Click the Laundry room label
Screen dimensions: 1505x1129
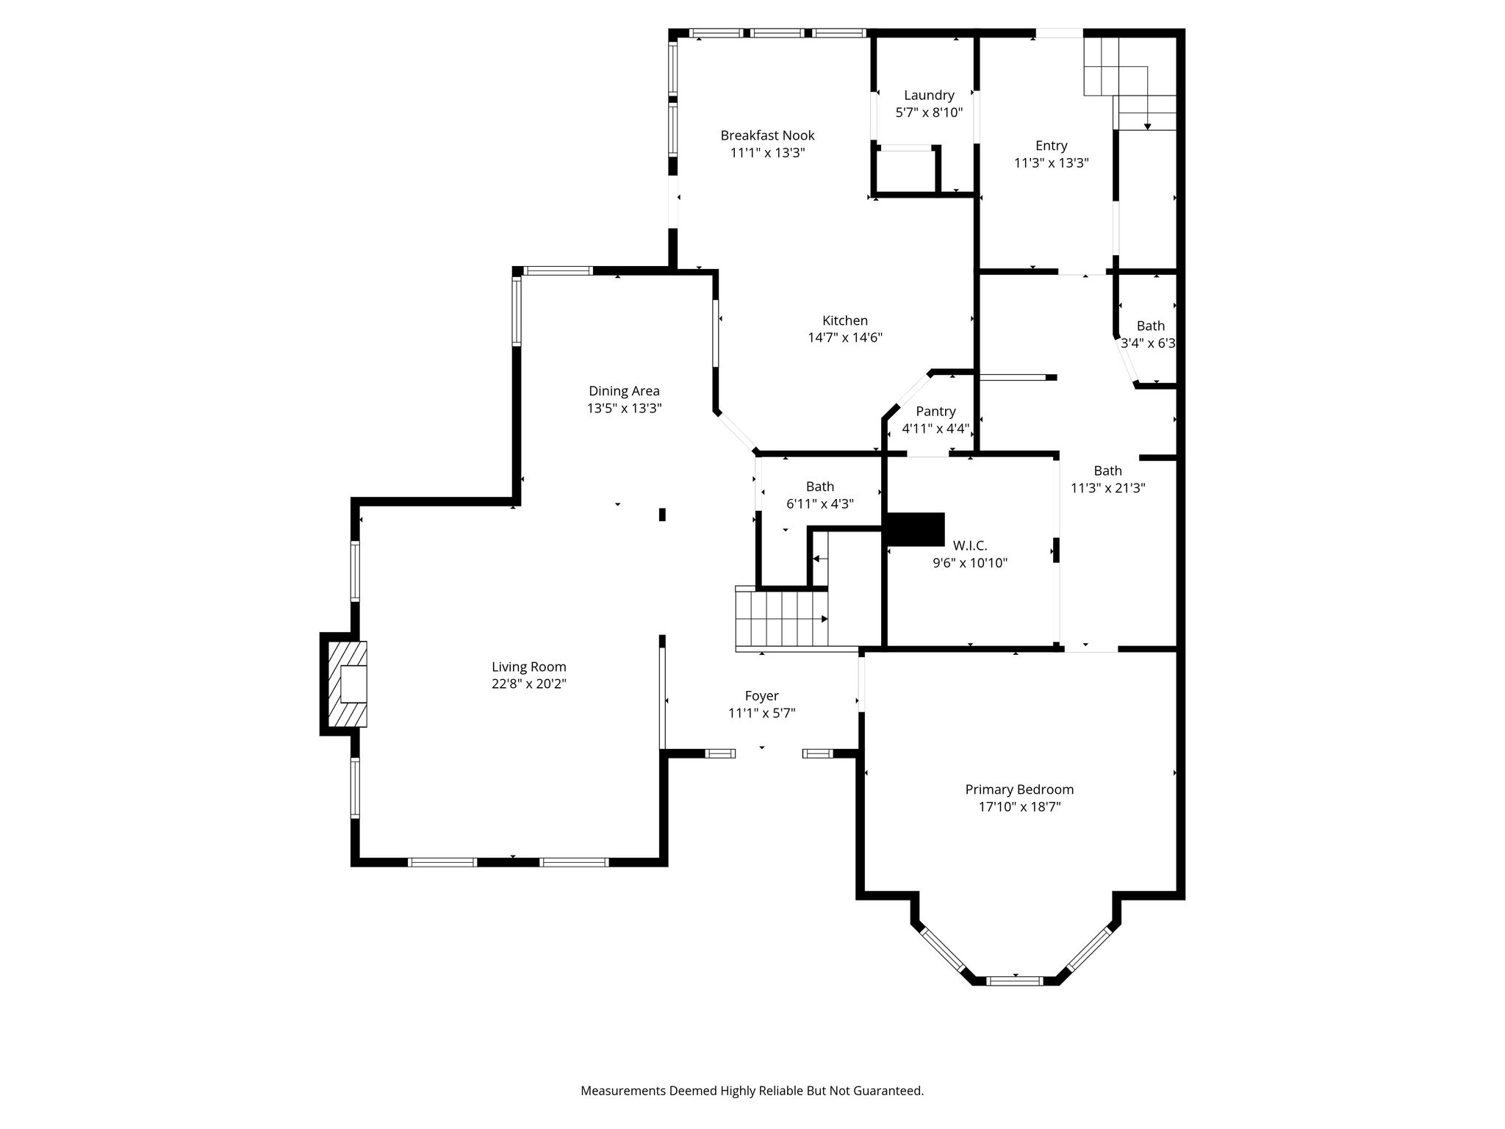(929, 96)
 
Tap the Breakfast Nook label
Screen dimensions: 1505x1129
(767, 135)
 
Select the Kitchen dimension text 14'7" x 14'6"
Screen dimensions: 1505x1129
(845, 338)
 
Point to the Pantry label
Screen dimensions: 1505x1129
(935, 412)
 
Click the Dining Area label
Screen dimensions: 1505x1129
(624, 391)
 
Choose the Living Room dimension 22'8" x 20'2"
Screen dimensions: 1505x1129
(529, 684)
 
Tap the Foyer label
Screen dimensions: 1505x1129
(761, 696)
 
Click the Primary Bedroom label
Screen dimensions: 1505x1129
(1019, 789)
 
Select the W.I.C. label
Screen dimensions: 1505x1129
(970, 545)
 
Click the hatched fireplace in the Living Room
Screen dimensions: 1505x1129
(347, 684)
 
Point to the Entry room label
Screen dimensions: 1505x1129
(1051, 146)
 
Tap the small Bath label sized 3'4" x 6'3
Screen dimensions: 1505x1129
(1151, 326)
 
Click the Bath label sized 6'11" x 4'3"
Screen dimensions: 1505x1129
(820, 487)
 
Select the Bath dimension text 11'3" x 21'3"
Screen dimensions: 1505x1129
(1107, 488)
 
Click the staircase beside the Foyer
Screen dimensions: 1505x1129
(782, 619)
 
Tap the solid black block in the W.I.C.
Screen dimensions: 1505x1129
(916, 529)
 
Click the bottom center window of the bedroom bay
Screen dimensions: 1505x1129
(1014, 981)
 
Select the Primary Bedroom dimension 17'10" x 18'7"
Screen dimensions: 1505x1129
(1019, 807)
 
